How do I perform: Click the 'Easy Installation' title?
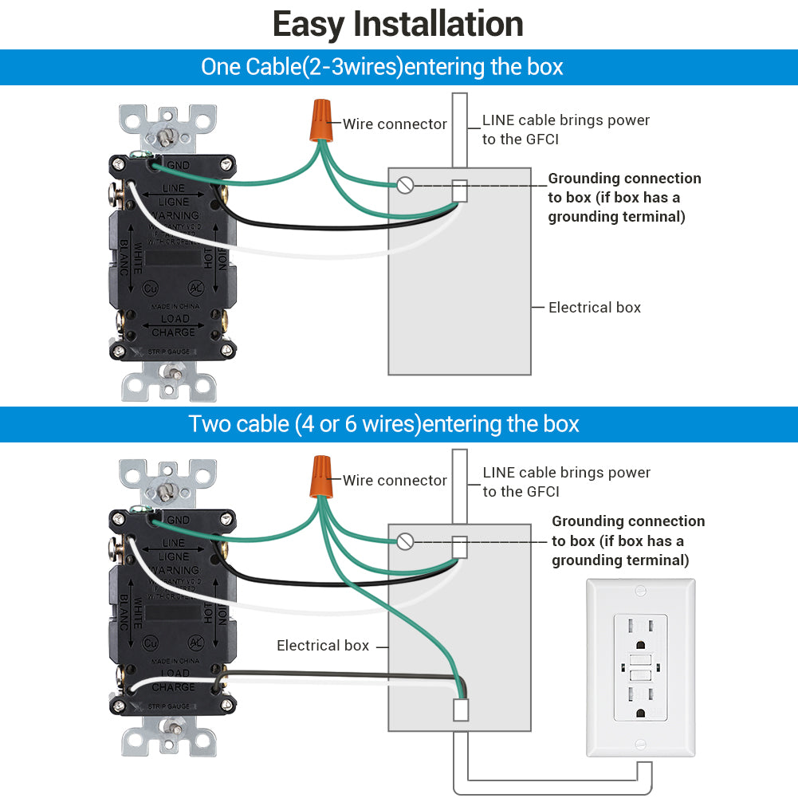click(x=398, y=24)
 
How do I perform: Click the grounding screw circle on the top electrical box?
click(x=405, y=186)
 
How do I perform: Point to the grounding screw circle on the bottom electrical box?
click(x=405, y=542)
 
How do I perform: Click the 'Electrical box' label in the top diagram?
click(x=594, y=308)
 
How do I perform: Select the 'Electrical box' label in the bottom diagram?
click(x=323, y=646)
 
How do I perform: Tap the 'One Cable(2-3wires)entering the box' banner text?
click(x=382, y=67)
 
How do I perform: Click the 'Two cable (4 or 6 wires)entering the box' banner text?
click(x=383, y=424)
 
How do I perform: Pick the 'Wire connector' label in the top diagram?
click(x=395, y=124)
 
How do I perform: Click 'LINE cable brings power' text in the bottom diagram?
click(x=566, y=473)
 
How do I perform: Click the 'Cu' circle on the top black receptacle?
click(x=150, y=289)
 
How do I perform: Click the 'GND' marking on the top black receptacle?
click(x=178, y=164)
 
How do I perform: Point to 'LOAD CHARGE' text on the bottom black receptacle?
click(x=173, y=681)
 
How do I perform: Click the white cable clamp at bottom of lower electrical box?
click(x=460, y=710)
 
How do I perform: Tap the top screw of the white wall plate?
click(x=641, y=591)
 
